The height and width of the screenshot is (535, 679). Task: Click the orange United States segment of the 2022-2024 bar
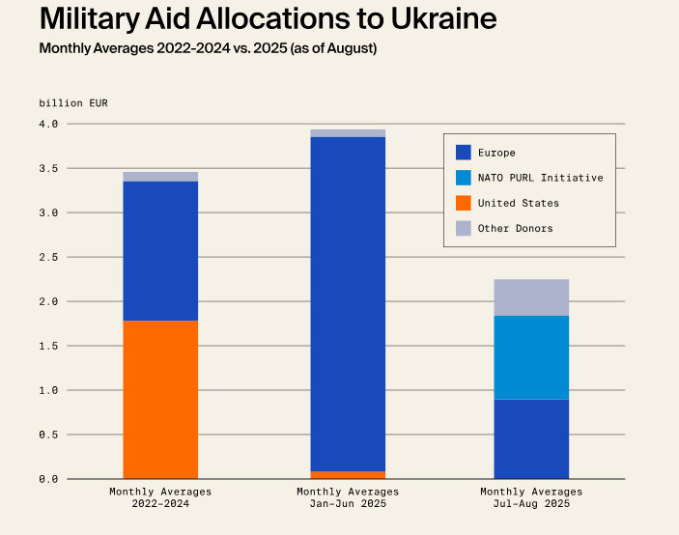point(160,399)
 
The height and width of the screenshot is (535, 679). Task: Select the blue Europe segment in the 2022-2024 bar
point(160,250)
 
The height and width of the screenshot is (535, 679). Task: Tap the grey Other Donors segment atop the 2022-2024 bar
point(160,177)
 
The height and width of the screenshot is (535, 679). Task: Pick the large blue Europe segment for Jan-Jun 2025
point(348,303)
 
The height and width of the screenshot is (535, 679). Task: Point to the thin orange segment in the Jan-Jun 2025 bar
point(348,475)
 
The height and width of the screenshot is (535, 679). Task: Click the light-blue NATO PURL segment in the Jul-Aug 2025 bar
point(531,357)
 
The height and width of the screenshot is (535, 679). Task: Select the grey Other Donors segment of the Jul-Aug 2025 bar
point(531,297)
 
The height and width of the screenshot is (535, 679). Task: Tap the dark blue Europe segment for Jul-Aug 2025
point(531,438)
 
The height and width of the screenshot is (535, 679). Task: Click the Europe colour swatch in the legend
point(464,153)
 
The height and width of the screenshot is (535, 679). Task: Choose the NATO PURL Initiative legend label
point(540,178)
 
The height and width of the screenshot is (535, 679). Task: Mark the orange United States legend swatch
point(464,203)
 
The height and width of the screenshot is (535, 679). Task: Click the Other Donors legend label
point(515,228)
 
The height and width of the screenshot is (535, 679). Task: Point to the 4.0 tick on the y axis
point(49,124)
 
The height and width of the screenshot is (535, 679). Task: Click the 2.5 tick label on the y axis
point(49,257)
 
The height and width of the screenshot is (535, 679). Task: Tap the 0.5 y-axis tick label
point(49,435)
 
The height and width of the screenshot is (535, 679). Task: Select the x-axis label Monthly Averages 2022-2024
point(160,497)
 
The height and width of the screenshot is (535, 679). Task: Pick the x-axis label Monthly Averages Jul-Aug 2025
point(531,497)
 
